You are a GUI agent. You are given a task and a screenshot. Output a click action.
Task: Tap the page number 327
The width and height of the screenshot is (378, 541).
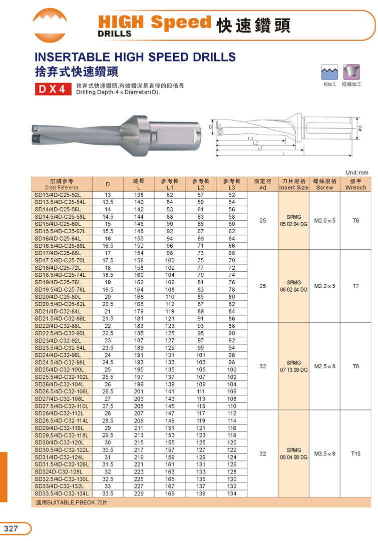click(x=12, y=528)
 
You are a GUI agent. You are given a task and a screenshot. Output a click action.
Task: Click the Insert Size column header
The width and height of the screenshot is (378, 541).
click(x=294, y=184)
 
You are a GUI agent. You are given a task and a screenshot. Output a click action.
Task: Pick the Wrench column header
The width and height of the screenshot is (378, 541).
click(x=355, y=184)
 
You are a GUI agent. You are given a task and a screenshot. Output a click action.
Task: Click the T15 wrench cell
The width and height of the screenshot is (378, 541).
click(x=355, y=453)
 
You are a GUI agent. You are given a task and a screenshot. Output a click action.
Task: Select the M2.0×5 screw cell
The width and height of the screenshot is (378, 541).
click(x=324, y=220)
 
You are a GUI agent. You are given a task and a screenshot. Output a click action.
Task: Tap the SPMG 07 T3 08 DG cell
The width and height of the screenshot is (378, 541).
click(x=294, y=366)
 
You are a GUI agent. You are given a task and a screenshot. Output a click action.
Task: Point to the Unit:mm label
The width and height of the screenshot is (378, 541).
click(x=357, y=172)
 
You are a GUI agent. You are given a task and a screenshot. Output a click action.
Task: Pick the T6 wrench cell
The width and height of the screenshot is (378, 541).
click(x=355, y=220)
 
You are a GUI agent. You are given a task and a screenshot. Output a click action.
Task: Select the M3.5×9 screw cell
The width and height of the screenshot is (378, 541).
click(x=324, y=453)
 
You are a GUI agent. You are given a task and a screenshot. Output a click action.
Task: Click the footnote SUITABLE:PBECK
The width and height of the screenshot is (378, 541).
click(x=72, y=502)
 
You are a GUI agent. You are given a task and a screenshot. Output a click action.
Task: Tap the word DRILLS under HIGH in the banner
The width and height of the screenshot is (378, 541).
click(x=115, y=34)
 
